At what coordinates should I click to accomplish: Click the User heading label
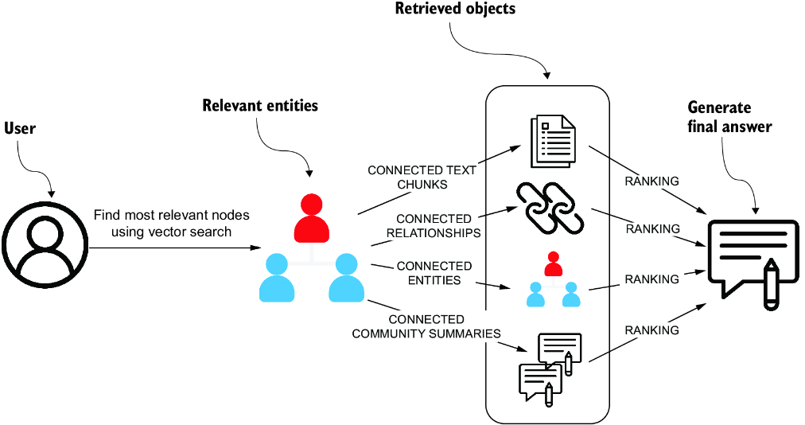pyautogui.click(x=20, y=128)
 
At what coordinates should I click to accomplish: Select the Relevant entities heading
pyautogui.click(x=260, y=105)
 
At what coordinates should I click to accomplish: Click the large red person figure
pyautogui.click(x=312, y=217)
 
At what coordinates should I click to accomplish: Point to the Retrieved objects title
pyautogui.click(x=455, y=8)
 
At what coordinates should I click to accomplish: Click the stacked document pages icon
pyautogui.click(x=552, y=141)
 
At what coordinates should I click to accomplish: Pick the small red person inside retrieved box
pyautogui.click(x=553, y=263)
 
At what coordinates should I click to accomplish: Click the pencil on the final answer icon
pyautogui.click(x=771, y=284)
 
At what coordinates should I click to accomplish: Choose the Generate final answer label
pyautogui.click(x=729, y=117)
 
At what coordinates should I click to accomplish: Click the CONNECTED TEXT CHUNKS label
pyautogui.click(x=422, y=177)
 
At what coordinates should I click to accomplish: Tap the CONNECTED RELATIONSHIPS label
pyautogui.click(x=434, y=226)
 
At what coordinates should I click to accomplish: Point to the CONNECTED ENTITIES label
pyautogui.click(x=434, y=273)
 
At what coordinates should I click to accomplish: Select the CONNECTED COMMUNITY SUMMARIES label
pyautogui.click(x=426, y=326)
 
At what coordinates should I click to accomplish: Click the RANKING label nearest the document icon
pyautogui.click(x=651, y=181)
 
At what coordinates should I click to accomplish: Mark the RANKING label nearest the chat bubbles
pyautogui.click(x=651, y=330)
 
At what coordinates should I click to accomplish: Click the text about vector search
pyautogui.click(x=172, y=223)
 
